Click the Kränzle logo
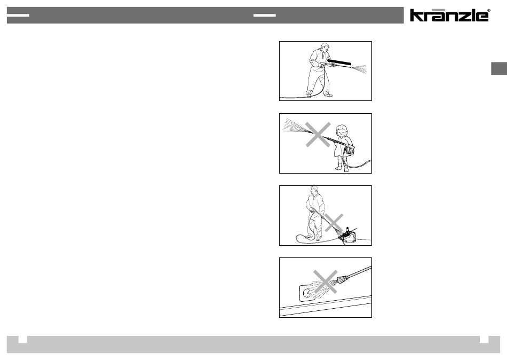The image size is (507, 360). (x=450, y=15)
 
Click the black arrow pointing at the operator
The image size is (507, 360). (x=339, y=61)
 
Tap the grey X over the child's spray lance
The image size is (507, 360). (x=318, y=135)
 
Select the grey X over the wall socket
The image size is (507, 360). (x=326, y=281)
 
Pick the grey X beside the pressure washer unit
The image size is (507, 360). (x=334, y=223)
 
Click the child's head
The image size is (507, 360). (x=341, y=130)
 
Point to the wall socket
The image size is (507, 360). (x=307, y=293)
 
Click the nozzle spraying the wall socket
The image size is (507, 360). (x=343, y=279)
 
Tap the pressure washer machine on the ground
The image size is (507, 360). (x=348, y=236)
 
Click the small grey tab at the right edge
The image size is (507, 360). (x=499, y=68)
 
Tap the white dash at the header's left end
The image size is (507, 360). (x=18, y=15)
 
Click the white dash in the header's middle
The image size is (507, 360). (x=265, y=15)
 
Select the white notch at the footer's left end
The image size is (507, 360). (x=22, y=339)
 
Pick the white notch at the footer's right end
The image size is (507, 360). (x=484, y=339)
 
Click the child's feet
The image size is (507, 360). (x=343, y=168)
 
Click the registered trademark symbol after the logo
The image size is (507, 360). (x=489, y=10)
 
